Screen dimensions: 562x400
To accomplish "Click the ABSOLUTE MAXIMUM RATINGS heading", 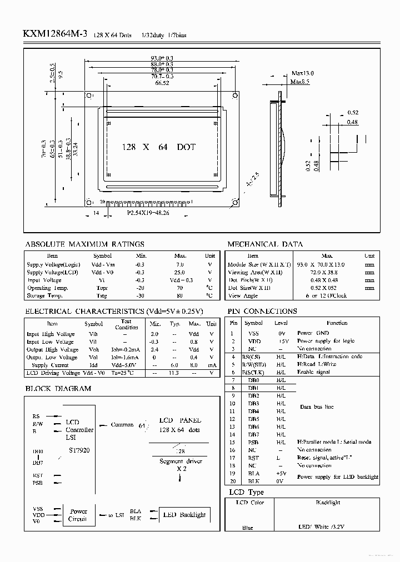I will click(85, 244).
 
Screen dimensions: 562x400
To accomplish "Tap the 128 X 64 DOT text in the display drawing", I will click(158, 147).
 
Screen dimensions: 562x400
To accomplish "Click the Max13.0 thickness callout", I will click(302, 73).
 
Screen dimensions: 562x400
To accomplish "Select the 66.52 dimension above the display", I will click(162, 83).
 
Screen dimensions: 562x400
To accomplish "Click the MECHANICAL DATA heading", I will click(265, 244).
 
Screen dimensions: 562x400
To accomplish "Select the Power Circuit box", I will click(78, 515).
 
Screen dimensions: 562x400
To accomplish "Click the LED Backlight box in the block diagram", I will click(184, 515).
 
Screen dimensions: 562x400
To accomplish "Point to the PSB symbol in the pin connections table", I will click(253, 442).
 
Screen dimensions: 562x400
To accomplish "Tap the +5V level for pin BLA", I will click(281, 473).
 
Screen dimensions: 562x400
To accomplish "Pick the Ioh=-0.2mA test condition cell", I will click(126, 350).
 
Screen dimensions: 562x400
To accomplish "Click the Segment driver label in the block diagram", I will click(181, 461).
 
